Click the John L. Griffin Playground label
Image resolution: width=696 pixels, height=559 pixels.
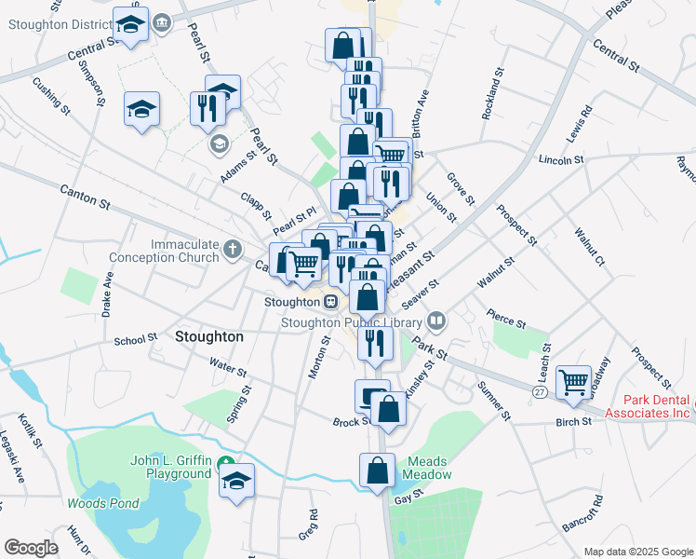(x=171, y=467)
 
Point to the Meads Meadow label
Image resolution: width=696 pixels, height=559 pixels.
(x=426, y=468)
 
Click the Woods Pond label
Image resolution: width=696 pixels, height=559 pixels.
(x=102, y=504)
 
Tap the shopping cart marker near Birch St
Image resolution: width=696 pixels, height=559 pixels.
(x=573, y=380)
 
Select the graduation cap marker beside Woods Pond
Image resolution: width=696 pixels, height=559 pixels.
(x=237, y=480)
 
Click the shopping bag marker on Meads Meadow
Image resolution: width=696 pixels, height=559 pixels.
(x=378, y=470)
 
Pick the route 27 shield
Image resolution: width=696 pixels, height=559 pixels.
(x=540, y=393)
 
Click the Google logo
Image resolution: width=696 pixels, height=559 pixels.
(x=30, y=548)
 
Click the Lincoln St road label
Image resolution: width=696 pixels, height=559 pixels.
(x=561, y=160)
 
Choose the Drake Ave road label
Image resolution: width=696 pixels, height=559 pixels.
(x=107, y=293)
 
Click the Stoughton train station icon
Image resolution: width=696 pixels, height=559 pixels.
(x=330, y=302)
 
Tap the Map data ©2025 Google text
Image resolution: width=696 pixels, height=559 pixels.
(x=638, y=552)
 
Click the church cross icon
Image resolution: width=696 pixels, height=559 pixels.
(x=232, y=250)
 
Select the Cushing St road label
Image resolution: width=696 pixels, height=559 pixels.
(x=52, y=95)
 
